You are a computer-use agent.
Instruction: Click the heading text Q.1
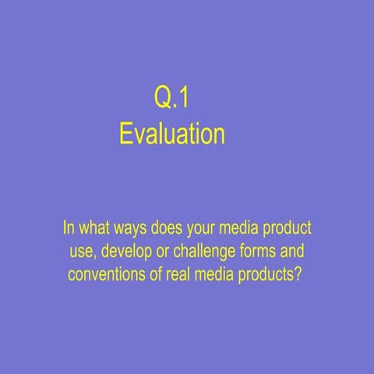pos(171,98)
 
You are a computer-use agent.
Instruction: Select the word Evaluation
pos(171,134)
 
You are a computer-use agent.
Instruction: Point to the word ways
pos(135,231)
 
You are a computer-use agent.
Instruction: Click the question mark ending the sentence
pos(298,275)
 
